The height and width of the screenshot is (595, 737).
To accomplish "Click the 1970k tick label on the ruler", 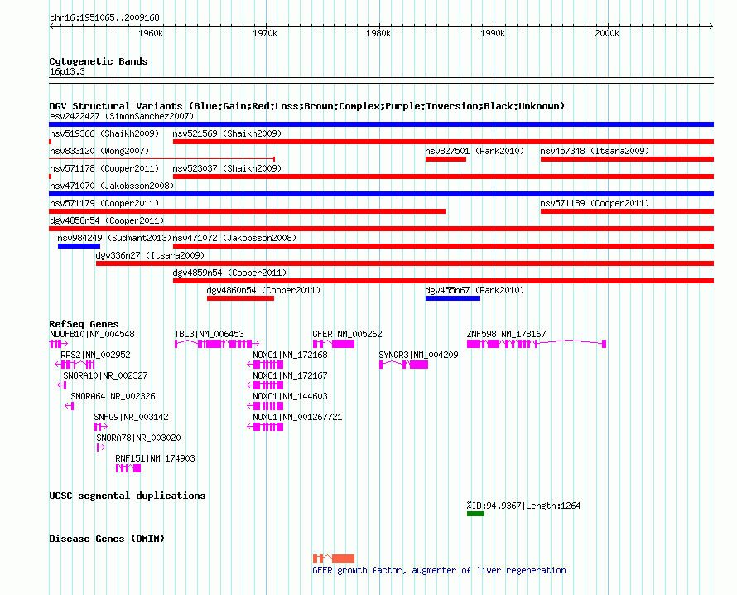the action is tap(265, 33).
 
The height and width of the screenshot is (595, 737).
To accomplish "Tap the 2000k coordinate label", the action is tap(607, 33).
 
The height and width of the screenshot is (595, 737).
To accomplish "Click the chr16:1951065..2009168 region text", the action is tap(104, 18).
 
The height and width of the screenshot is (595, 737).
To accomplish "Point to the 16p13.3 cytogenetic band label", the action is tap(67, 71).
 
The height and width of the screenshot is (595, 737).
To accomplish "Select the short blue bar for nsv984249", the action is tap(79, 246).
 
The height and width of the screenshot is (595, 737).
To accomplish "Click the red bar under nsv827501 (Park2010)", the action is tap(446, 159).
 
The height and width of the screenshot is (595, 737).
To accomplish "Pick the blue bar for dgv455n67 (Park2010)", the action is tap(453, 298).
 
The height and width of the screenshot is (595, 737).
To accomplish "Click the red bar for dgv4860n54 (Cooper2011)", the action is tap(240, 298).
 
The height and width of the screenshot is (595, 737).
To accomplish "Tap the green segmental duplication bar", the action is tap(475, 514).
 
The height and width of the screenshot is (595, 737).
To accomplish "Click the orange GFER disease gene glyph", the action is tap(334, 559).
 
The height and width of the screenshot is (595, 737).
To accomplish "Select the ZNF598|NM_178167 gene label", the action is tap(506, 334).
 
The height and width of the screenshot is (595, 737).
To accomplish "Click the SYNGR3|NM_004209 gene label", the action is tap(418, 355).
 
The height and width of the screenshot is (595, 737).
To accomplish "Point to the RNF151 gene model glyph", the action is tap(128, 468).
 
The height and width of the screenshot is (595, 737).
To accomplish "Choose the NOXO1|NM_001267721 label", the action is tap(297, 417).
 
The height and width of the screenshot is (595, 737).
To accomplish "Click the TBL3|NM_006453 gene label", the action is tap(210, 334).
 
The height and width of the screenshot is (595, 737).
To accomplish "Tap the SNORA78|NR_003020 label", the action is tap(138, 438).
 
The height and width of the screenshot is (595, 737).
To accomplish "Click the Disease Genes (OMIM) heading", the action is tap(107, 539).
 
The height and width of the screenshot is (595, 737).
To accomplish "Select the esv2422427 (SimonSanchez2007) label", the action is tap(122, 116).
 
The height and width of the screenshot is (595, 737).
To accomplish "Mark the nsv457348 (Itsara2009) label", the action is tap(595, 151).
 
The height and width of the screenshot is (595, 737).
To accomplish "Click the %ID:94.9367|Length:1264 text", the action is tap(523, 506).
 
